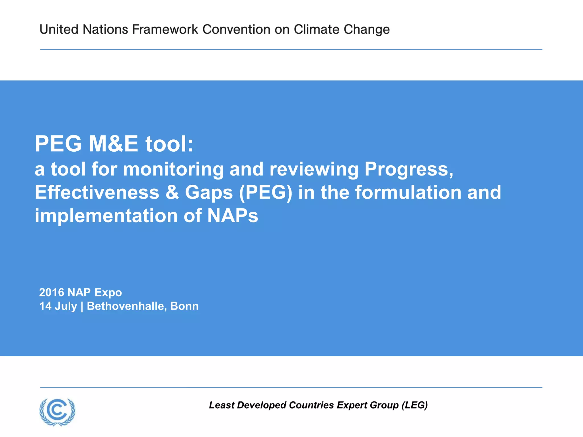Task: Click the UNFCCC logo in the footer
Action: (58, 412)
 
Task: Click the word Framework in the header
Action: (165, 29)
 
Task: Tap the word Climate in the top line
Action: (317, 29)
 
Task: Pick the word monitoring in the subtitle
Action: (173, 169)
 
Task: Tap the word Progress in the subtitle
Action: (409, 169)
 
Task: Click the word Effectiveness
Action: (97, 192)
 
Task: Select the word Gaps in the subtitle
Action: (209, 192)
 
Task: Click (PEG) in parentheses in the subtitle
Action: (266, 192)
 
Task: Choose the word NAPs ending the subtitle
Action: (233, 216)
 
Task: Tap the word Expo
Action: (108, 292)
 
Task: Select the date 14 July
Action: (58, 306)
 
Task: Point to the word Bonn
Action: (184, 306)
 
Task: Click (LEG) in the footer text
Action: (414, 405)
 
